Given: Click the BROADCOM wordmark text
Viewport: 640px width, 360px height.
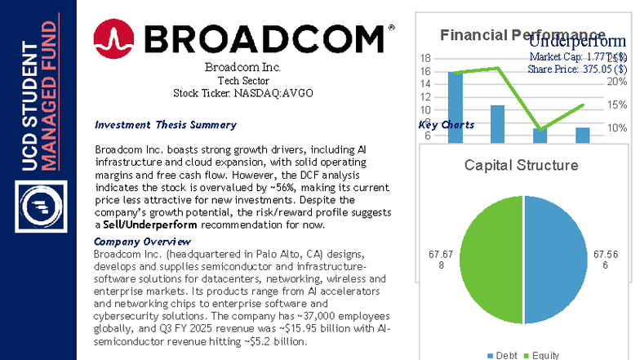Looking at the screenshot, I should point(264,39).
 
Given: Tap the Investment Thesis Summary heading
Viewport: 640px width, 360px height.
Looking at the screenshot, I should point(166,125).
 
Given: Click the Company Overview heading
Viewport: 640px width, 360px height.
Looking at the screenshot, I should point(143,242).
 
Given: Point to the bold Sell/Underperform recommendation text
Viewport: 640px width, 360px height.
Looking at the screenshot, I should point(151,224).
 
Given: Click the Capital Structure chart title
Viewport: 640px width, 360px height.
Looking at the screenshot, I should point(521,165).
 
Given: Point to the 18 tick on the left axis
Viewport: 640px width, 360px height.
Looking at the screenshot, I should point(425,59).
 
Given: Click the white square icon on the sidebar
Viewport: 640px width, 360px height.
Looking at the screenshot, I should point(38,207).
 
